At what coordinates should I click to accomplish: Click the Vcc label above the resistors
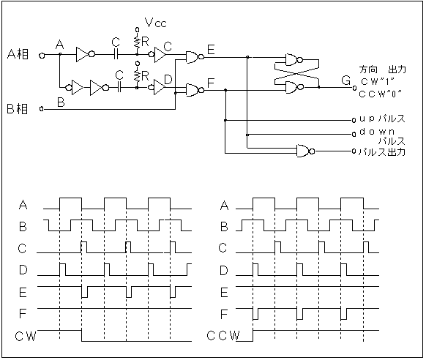(x=155, y=23)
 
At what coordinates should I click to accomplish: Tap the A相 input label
(x=18, y=54)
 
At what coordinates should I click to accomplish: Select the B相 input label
(x=17, y=108)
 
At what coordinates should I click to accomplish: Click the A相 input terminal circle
(x=42, y=56)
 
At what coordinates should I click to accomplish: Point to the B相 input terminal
(x=41, y=109)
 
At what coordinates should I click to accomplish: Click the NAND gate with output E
(x=195, y=57)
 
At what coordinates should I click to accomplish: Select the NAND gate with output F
(x=195, y=90)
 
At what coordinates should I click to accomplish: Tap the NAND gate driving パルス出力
(x=306, y=151)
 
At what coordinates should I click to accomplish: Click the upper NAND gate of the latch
(x=294, y=60)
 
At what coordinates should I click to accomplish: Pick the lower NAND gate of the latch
(x=294, y=87)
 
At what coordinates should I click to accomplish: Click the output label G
(x=346, y=80)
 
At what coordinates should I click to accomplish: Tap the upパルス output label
(x=382, y=119)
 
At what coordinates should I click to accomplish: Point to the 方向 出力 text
(x=383, y=70)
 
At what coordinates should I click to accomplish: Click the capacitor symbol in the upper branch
(x=116, y=55)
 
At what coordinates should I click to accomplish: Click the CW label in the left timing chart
(x=26, y=337)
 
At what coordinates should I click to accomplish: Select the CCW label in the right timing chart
(x=223, y=336)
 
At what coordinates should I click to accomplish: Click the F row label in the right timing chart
(x=223, y=314)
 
